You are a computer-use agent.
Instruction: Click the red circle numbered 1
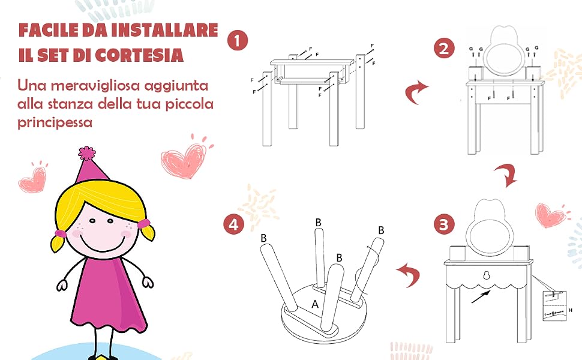237,40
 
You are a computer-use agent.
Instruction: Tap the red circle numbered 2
444,48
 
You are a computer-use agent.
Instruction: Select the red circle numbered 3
444,224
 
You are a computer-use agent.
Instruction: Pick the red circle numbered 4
233,224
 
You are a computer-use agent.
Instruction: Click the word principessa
55,122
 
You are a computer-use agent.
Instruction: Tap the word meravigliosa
95,86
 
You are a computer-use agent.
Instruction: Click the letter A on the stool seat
315,304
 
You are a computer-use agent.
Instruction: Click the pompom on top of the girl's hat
87,153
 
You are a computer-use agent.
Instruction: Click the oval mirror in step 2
503,59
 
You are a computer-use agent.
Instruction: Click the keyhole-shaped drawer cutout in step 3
485,275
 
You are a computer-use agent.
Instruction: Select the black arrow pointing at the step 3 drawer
481,296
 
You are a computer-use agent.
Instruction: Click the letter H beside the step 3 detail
571,310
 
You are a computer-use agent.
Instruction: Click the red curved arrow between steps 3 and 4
408,275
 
